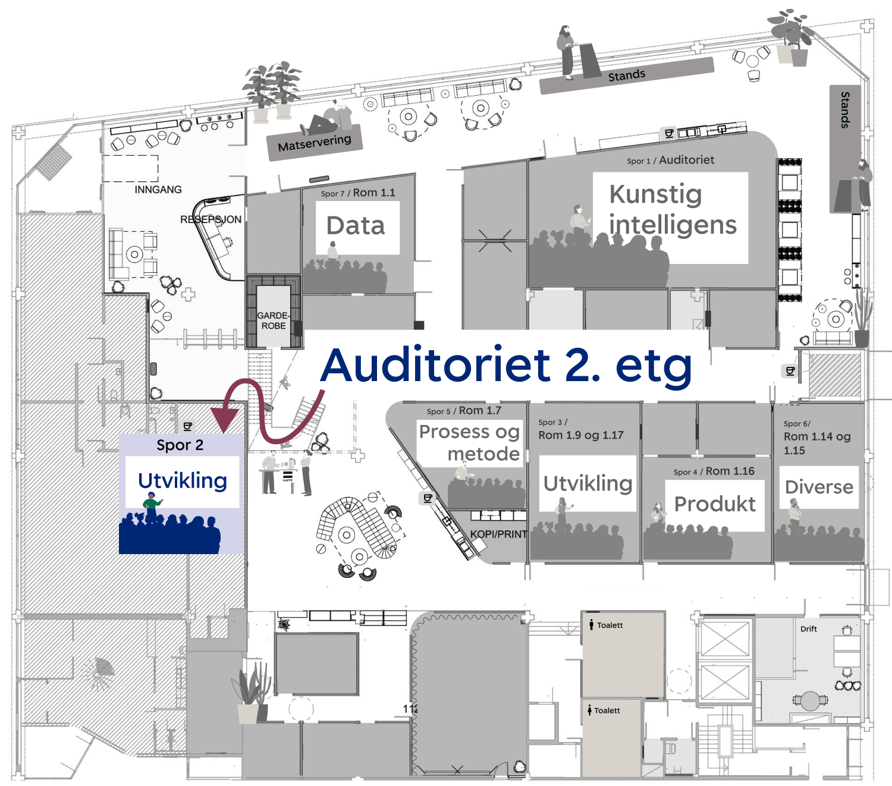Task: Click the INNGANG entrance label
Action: [x=158, y=190]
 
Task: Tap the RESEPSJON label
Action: [x=211, y=219]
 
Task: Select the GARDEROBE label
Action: [x=273, y=320]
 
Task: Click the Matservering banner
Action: [x=315, y=143]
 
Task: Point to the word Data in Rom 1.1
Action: [x=356, y=226]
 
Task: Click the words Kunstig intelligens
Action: [x=672, y=210]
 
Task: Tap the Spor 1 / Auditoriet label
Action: [x=670, y=160]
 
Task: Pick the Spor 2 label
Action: [x=180, y=445]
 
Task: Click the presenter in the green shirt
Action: [x=152, y=505]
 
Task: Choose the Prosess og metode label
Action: [x=470, y=443]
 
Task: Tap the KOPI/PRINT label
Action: [x=498, y=534]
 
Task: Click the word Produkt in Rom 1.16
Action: [x=715, y=504]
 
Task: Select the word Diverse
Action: [x=819, y=487]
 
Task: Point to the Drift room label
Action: [x=808, y=629]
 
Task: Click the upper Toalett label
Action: [x=610, y=625]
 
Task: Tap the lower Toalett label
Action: [x=607, y=710]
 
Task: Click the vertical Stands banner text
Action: [x=845, y=110]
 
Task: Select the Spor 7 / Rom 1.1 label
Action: [x=357, y=193]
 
